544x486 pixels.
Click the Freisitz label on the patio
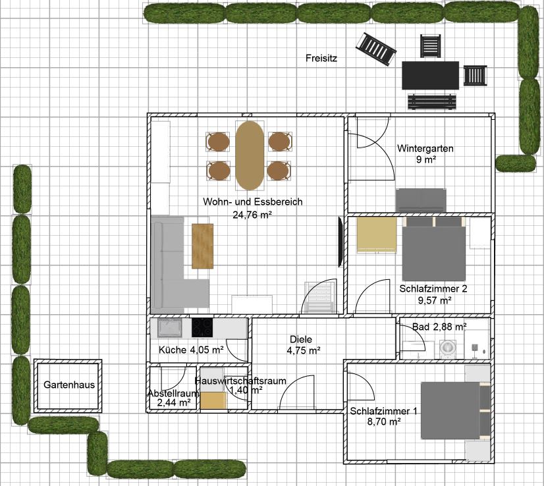[321, 58]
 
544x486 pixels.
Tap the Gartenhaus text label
[69, 385]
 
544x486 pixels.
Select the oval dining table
[250, 155]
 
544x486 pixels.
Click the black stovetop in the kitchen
[202, 328]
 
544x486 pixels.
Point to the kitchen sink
[169, 328]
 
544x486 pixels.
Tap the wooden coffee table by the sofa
[203, 246]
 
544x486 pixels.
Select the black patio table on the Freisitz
[431, 75]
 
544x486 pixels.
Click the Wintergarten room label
[425, 148]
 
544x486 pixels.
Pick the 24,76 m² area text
[252, 215]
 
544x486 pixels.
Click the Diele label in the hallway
[301, 339]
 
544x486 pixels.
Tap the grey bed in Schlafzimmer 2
[434, 249]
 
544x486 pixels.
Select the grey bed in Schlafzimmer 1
[456, 411]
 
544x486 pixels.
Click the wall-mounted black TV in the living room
[340, 242]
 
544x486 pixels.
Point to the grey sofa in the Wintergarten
[421, 200]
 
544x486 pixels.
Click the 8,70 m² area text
[384, 422]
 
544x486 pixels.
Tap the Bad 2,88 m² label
[439, 327]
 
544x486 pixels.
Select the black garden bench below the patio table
[431, 102]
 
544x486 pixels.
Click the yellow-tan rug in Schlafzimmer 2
[377, 235]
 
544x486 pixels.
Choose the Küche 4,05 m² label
[191, 350]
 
